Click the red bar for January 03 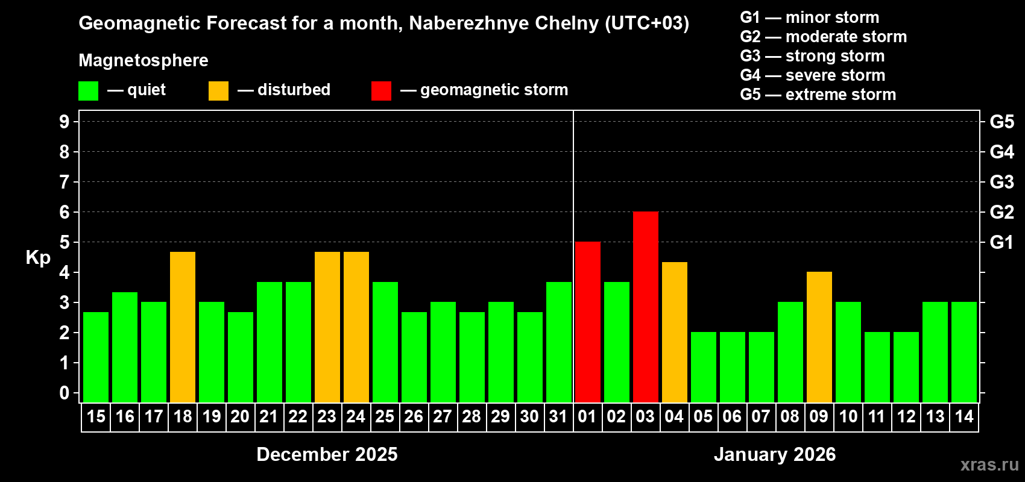(645, 307)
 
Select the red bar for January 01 (587, 322)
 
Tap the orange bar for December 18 (183, 327)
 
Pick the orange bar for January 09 (819, 337)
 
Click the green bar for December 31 (559, 342)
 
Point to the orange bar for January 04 (674, 333)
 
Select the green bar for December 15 (96, 357)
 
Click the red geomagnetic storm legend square (381, 91)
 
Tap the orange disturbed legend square (218, 91)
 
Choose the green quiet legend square (88, 91)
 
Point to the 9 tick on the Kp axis (65, 122)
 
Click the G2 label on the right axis (1001, 212)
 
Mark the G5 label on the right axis (1001, 122)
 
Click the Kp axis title (38, 258)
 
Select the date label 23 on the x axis (327, 417)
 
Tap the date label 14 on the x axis (963, 417)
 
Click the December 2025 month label (327, 454)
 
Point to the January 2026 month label (775, 454)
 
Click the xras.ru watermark (989, 465)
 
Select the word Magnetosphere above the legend (143, 60)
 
